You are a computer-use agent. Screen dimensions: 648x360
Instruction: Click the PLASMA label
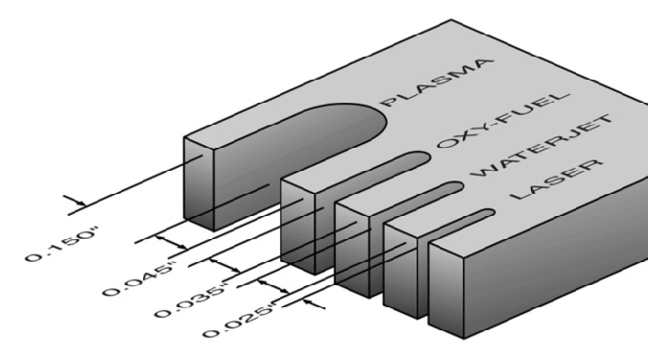pyautogui.click(x=437, y=83)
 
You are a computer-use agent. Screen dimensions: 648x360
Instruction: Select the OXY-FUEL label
pyautogui.click(x=503, y=120)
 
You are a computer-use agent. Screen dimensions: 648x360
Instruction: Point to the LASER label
pyautogui.click(x=556, y=179)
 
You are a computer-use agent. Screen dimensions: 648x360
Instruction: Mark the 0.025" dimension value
pyautogui.click(x=239, y=321)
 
